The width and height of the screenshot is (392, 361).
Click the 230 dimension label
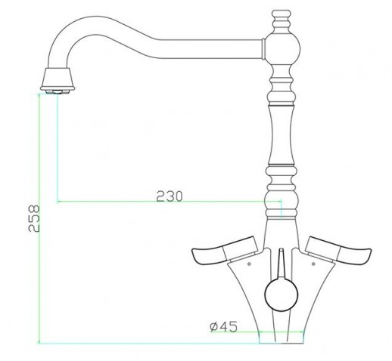169,196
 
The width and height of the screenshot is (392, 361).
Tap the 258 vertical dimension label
34,218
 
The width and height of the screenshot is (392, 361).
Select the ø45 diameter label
223,326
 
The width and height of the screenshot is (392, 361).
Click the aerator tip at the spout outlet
58,91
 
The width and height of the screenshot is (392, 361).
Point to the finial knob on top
282,20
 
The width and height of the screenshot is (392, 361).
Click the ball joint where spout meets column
283,49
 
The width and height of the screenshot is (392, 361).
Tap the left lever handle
225,251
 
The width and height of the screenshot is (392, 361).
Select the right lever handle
338,251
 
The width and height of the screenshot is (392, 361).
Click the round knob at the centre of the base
282,295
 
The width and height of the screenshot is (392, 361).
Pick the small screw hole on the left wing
249,264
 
